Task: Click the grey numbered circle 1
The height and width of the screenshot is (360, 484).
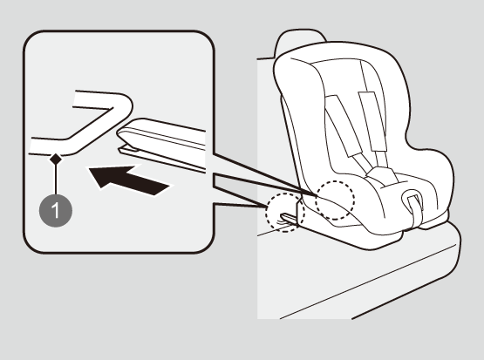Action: tap(56, 210)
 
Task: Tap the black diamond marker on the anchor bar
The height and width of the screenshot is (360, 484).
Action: tap(56, 160)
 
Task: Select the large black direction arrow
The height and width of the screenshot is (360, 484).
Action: tap(129, 180)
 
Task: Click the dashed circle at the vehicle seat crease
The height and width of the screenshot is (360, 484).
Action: tap(285, 213)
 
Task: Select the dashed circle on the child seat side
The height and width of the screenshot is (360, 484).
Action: tap(335, 200)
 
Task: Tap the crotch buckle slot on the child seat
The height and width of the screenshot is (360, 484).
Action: tap(412, 199)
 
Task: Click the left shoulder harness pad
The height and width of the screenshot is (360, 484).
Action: tap(344, 125)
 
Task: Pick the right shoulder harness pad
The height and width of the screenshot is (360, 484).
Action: tap(372, 121)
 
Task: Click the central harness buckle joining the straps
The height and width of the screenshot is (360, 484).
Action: tap(381, 176)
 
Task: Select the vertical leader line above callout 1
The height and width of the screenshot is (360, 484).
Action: tap(56, 180)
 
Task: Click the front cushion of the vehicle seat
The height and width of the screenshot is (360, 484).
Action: tap(358, 278)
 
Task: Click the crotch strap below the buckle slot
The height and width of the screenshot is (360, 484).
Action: tap(415, 213)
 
